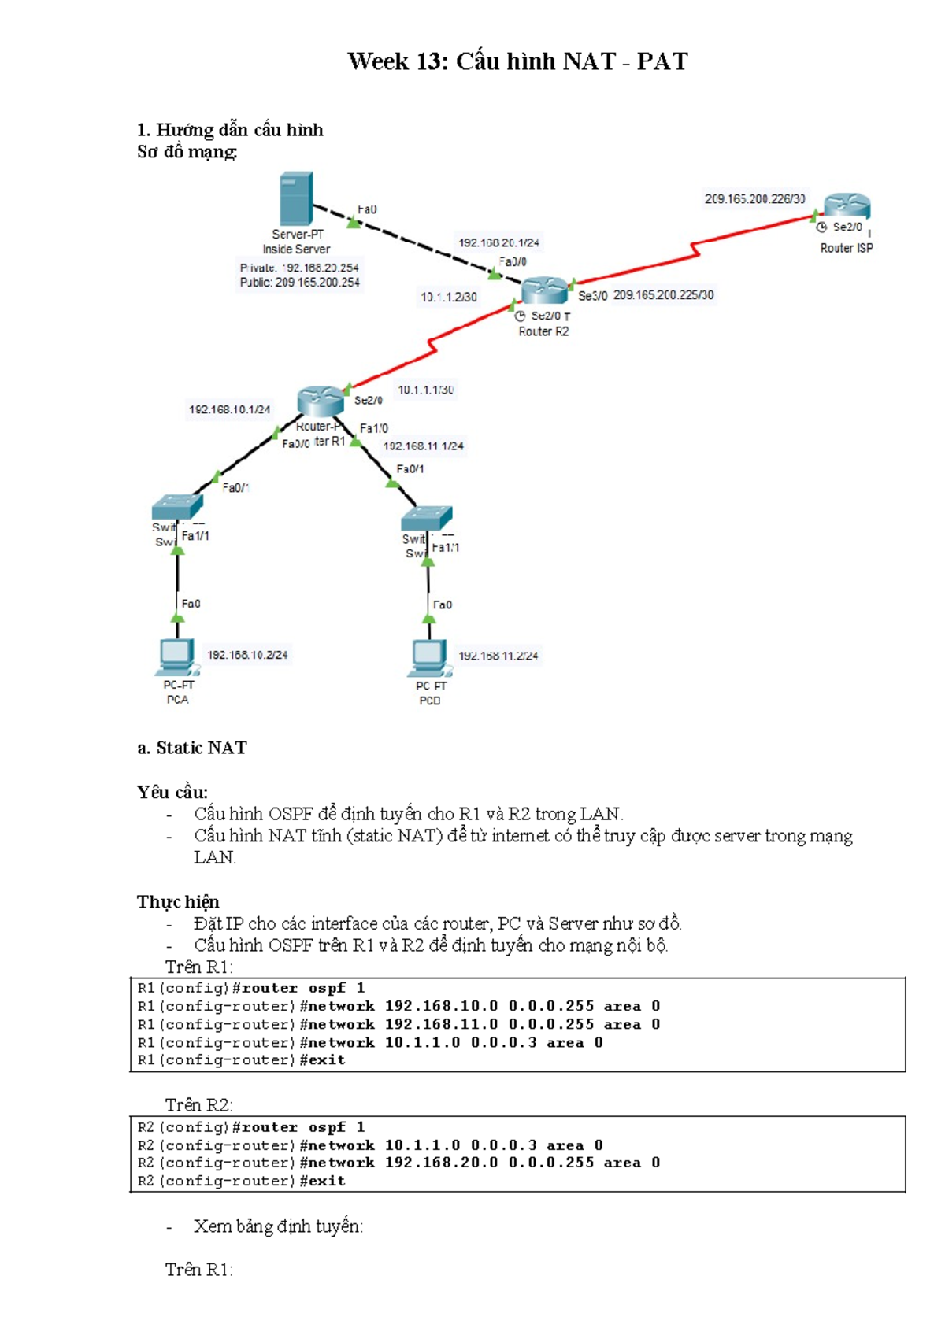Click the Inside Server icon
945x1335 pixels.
coord(296,198)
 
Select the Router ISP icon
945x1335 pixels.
coord(847,206)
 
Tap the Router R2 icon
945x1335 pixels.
coord(543,290)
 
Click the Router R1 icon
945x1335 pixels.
coord(321,401)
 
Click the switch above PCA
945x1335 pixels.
coord(177,506)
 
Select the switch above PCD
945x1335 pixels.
coord(426,518)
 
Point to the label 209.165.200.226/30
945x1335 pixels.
coord(754,199)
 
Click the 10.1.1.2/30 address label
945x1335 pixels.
coord(448,298)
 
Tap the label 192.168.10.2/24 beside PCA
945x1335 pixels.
coord(247,655)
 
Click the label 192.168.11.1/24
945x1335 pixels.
coord(423,446)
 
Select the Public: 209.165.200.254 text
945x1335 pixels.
coord(299,283)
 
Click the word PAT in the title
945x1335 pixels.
coord(661,61)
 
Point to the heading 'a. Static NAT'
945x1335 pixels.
coord(192,748)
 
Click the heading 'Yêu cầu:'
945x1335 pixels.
coord(172,792)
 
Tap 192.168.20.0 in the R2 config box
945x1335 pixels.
coord(441,1163)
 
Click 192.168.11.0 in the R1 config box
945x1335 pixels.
coord(441,1024)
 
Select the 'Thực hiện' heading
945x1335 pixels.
coord(178,901)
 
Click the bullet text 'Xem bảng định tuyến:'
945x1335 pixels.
coord(278,1226)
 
